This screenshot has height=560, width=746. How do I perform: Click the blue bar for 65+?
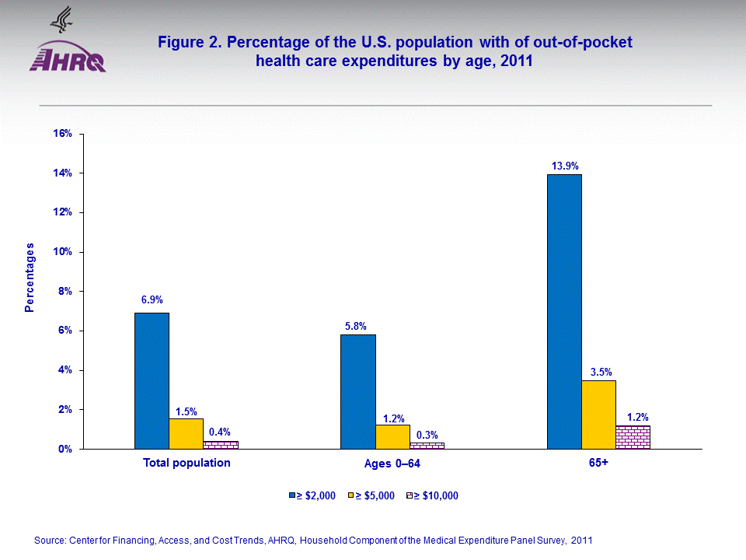[x=564, y=311]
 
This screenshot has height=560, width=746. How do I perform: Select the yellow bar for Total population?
[x=186, y=433]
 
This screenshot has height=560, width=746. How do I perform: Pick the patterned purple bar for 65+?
[x=633, y=437]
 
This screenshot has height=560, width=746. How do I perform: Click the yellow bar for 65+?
[x=598, y=415]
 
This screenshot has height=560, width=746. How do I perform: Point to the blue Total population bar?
[x=152, y=380]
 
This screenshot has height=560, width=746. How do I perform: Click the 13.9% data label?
[x=565, y=166]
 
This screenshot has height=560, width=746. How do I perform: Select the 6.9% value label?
[x=152, y=299]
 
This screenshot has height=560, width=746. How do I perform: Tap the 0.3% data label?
[x=427, y=434]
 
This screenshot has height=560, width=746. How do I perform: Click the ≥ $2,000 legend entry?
[x=312, y=495]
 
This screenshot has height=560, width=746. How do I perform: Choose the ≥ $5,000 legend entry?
[x=375, y=495]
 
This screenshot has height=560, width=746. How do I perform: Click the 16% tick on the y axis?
[x=63, y=134]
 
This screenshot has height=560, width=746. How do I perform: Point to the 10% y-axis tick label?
[x=63, y=252]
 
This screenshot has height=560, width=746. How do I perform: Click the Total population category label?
[x=186, y=463]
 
